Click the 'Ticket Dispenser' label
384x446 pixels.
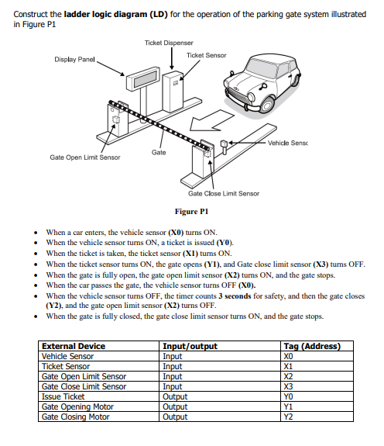tap(169, 42)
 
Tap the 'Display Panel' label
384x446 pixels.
tap(75, 60)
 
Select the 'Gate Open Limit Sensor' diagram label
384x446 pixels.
tap(85, 157)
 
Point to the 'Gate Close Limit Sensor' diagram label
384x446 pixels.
tap(224, 193)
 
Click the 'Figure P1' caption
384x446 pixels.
tap(192, 211)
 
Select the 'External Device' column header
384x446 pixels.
tap(74, 346)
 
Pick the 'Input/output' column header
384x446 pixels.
tap(190, 346)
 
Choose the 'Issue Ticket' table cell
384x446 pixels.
tap(63, 396)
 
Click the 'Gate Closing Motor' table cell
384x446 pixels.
tap(76, 417)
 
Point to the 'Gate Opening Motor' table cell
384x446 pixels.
tap(77, 406)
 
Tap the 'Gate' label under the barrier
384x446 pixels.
tap(159, 152)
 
